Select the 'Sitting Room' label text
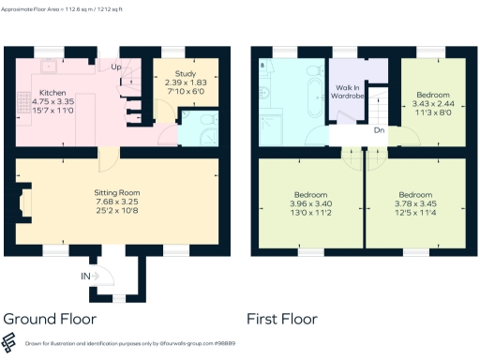coord(117,190)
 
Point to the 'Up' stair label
coord(116,67)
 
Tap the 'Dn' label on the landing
coord(379,130)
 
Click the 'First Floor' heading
coord(281,319)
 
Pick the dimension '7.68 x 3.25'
coord(117,201)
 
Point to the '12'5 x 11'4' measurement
coord(415,212)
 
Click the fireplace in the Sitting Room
coord(26,202)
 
